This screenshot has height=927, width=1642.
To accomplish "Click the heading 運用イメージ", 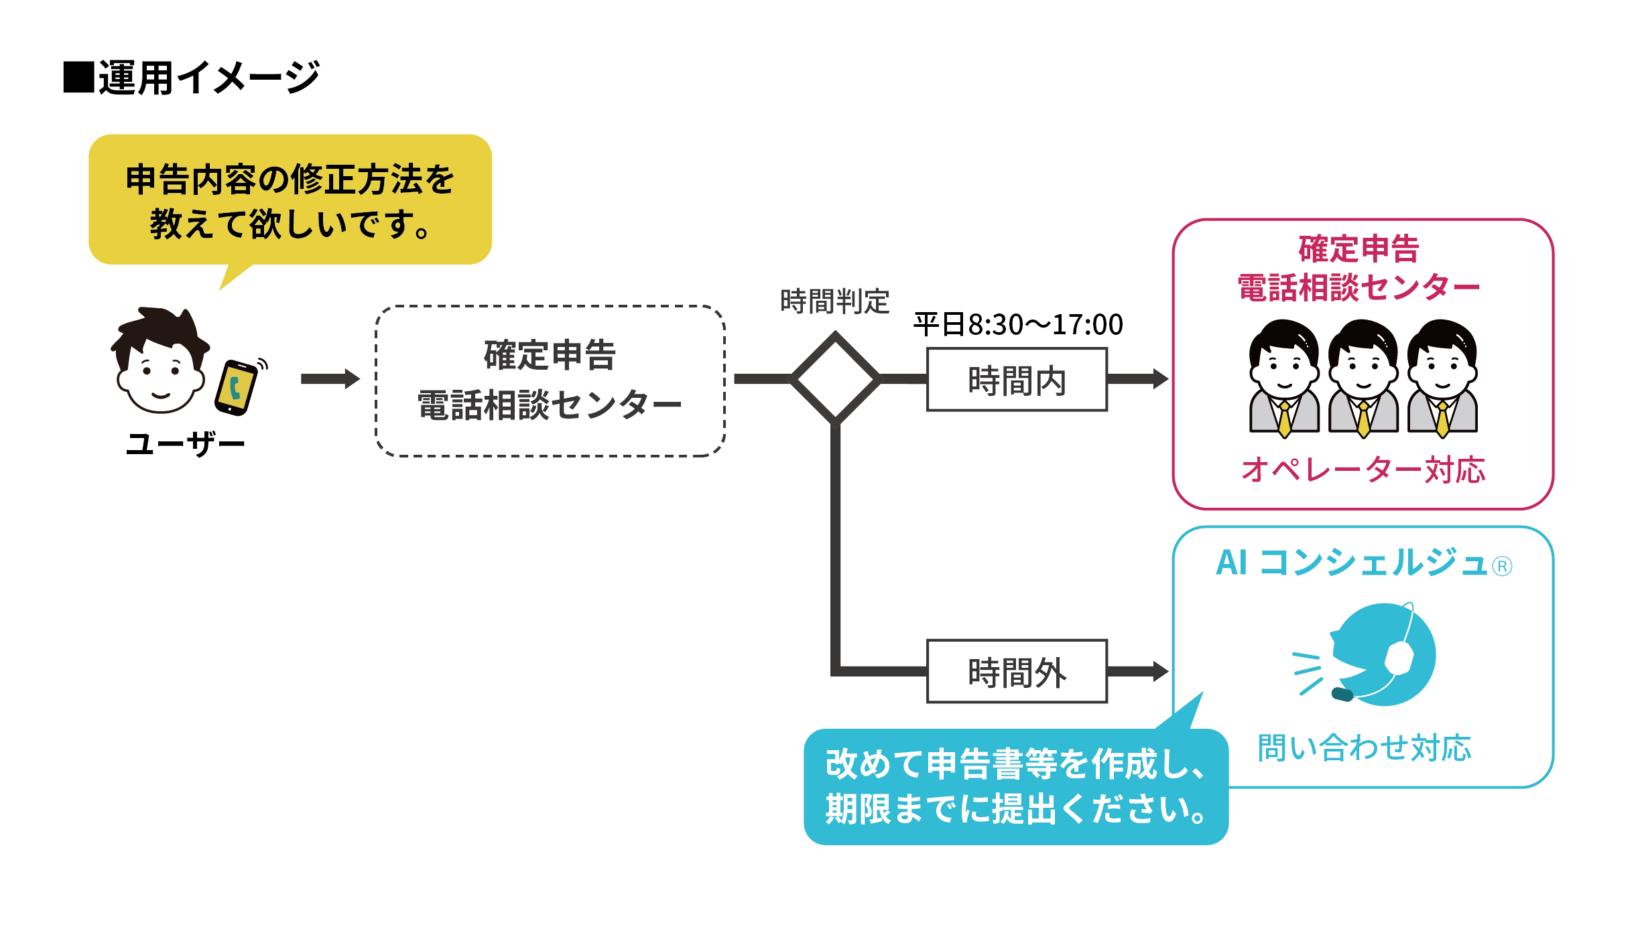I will click(x=208, y=78).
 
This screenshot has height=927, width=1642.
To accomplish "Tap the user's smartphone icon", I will click(x=236, y=388).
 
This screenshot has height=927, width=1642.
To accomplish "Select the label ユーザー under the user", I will click(x=186, y=444).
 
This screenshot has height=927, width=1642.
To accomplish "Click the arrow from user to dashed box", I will click(x=330, y=379).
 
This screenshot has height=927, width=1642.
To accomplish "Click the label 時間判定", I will click(x=834, y=302).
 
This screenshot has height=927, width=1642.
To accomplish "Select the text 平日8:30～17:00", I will click(x=1018, y=325).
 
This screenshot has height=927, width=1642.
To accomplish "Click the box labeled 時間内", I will click(x=1017, y=380).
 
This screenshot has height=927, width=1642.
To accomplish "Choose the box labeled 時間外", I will click(x=1017, y=671).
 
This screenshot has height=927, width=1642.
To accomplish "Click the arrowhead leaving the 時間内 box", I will click(x=1159, y=379).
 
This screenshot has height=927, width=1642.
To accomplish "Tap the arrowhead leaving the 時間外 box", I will click(x=1159, y=671).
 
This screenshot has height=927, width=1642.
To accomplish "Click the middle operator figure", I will click(x=1363, y=378).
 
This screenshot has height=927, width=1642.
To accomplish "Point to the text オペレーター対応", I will click(x=1363, y=470).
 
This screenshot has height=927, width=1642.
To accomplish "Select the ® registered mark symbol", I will click(x=1502, y=567).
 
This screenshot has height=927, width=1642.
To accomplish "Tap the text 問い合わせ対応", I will click(x=1364, y=747).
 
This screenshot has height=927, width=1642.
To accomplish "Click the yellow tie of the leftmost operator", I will click(x=1285, y=419).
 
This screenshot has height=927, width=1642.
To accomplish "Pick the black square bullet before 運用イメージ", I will click(x=78, y=77).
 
